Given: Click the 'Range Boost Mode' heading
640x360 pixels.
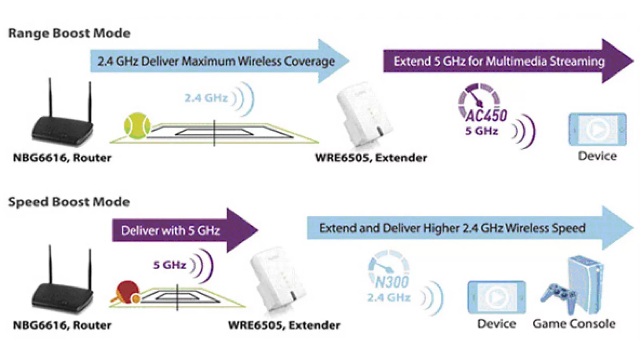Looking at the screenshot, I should point(69,33).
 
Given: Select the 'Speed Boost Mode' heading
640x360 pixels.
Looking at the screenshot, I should point(69,202).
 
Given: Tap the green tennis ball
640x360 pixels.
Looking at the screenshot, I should point(137,125).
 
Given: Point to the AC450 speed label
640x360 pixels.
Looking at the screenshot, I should point(486,116).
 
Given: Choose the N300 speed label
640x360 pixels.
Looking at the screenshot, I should point(392,282).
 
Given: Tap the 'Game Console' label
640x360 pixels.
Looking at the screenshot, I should point(574,324).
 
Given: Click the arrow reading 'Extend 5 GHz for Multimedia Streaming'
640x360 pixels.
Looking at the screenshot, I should point(500,61).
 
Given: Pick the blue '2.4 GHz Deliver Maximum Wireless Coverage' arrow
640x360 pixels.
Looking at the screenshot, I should point(216,61).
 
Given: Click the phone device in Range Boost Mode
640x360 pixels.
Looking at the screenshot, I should point(597,130).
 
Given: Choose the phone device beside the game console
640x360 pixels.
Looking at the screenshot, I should point(496,297).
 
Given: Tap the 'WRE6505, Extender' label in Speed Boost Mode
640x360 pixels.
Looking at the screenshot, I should point(284,325).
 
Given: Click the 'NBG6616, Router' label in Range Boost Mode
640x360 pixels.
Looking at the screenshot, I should point(62,158).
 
